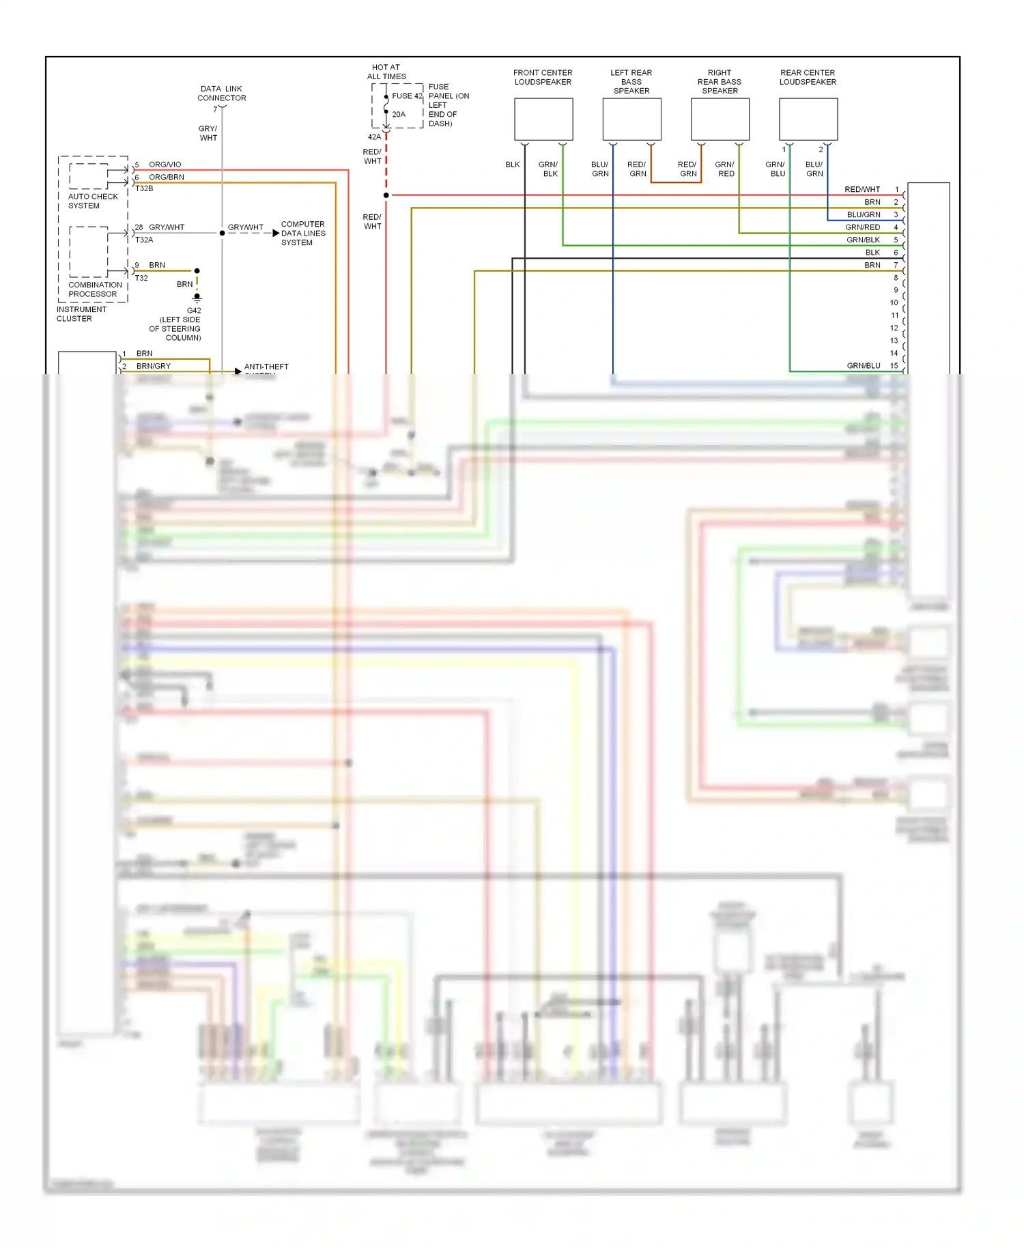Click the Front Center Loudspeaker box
tap(543, 119)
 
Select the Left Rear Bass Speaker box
tap(631, 119)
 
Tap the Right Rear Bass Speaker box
tap(720, 119)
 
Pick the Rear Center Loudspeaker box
tap(808, 119)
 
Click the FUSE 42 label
tap(407, 96)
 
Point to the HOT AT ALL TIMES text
tap(386, 72)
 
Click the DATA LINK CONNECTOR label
tap(221, 94)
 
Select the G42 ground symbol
tap(197, 298)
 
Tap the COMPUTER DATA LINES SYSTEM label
tap(303, 233)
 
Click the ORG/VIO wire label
tap(165, 165)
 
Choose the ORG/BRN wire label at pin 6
tap(167, 177)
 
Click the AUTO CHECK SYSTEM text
tap(93, 201)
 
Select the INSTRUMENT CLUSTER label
tap(81, 314)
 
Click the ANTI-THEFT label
tap(266, 367)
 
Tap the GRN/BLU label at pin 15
tap(863, 366)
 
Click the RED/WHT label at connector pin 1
tap(862, 189)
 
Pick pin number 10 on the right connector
tap(894, 302)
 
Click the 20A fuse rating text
tap(399, 115)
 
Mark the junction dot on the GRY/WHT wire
tap(222, 233)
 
